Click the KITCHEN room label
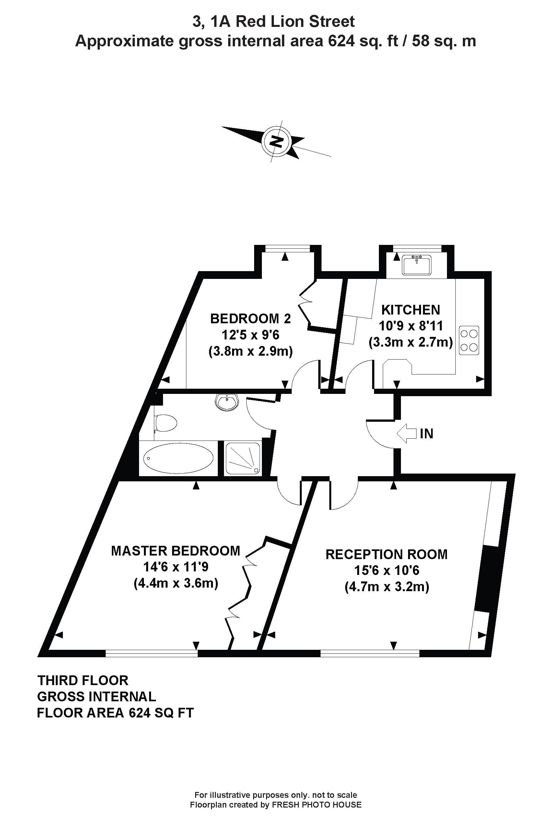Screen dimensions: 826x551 click(x=410, y=310)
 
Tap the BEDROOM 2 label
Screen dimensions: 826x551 click(x=251, y=318)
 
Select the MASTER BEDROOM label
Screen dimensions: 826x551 click(x=175, y=551)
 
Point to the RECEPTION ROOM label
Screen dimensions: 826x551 click(x=387, y=554)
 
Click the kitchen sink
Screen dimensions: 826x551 click(x=417, y=265)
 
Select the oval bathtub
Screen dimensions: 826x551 click(x=179, y=458)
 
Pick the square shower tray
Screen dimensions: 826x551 click(x=243, y=458)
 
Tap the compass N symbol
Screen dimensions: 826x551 click(x=276, y=142)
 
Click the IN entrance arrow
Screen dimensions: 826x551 click(x=406, y=433)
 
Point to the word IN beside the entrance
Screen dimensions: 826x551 click(x=426, y=434)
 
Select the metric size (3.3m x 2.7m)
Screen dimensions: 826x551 click(x=410, y=342)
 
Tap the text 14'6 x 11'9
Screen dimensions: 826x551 click(x=176, y=567)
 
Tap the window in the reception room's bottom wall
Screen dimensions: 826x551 click(x=370, y=654)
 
